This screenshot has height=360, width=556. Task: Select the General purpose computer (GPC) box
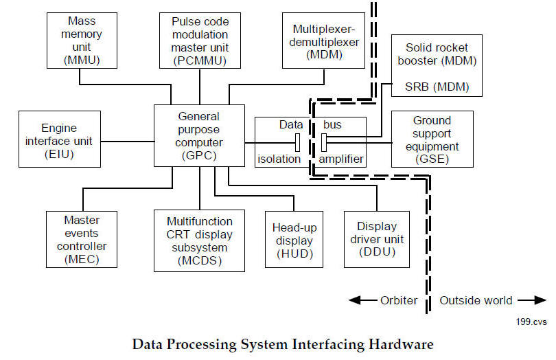tap(199, 135)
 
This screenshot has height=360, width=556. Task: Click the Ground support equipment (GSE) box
tap(432, 139)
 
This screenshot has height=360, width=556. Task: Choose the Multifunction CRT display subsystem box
tap(199, 240)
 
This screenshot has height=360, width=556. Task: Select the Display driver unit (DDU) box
tap(376, 239)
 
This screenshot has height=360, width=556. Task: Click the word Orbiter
tap(398, 300)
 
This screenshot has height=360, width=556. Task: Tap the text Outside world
tap(476, 300)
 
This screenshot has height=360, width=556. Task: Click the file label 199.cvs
tap(531, 320)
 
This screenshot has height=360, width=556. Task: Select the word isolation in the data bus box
tap(279, 159)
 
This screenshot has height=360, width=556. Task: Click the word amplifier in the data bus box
tap(341, 159)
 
